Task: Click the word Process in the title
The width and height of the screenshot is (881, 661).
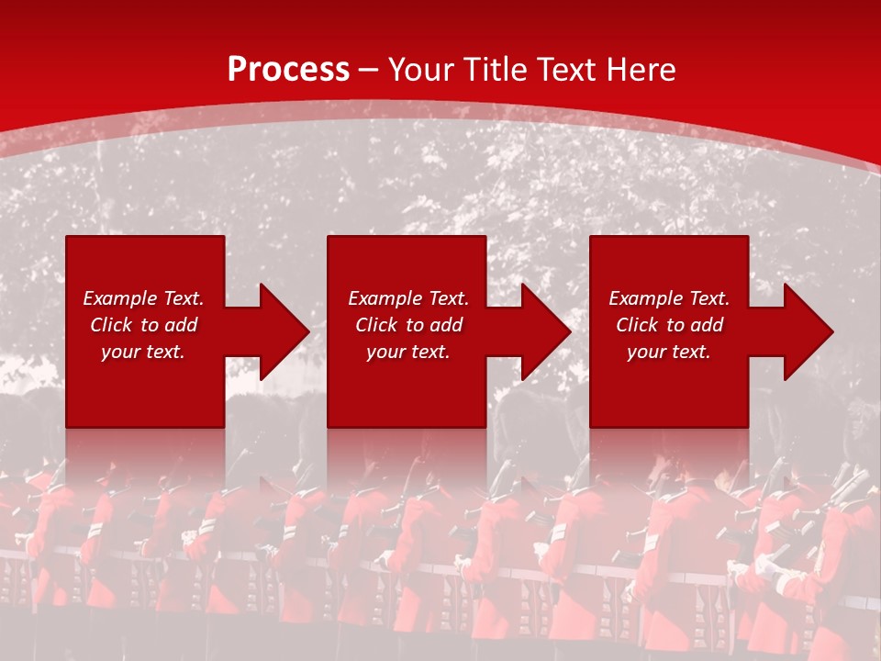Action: coord(288,70)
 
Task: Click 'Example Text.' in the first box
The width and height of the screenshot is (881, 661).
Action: coord(143,298)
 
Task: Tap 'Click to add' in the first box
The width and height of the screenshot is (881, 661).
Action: coord(143,325)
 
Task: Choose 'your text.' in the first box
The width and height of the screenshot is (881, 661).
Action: coord(143,352)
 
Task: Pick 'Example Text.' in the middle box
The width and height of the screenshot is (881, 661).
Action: coord(407,298)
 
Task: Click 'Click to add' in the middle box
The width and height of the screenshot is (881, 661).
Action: coord(407,325)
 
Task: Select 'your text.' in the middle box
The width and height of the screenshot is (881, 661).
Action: coord(407,352)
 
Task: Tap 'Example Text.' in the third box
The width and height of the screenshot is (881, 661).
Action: coord(669,298)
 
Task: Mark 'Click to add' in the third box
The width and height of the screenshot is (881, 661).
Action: coord(669,325)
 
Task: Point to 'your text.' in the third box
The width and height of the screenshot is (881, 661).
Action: coord(669,352)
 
